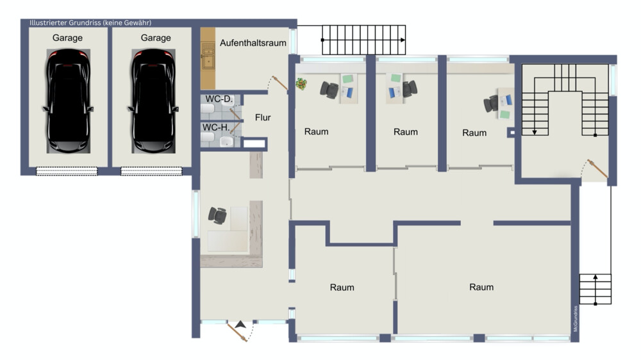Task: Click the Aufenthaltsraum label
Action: point(253,43)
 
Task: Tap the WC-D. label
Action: point(219,99)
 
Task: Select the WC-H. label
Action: point(216,127)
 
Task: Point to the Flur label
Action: point(263,118)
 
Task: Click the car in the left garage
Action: point(68,101)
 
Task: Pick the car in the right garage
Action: point(153,101)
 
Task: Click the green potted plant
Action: point(302,84)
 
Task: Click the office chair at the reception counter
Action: point(217,215)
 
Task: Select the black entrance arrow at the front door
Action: point(240,325)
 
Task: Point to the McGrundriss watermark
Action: point(575,319)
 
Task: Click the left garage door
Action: point(67,171)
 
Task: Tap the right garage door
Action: point(151,171)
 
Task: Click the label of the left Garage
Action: point(67,38)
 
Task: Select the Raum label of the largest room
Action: point(481,287)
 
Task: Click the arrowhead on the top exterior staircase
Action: point(403,40)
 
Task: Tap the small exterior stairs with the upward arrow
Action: point(595,290)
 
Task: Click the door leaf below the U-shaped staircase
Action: point(597,169)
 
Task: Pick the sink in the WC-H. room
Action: point(226,142)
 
